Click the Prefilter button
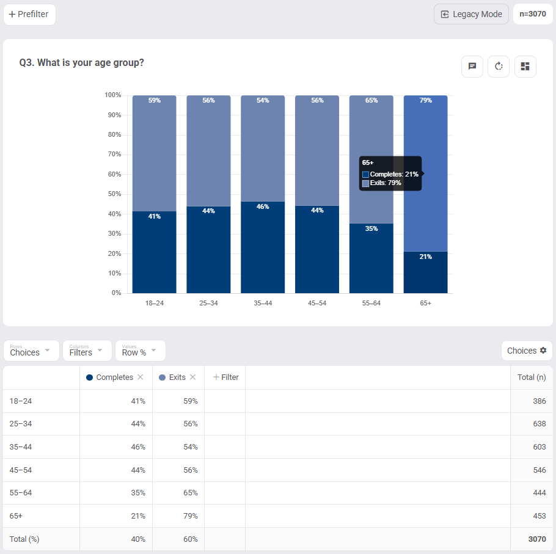pyautogui.click(x=29, y=15)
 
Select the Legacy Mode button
pyautogui.click(x=471, y=14)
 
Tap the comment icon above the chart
pyautogui.click(x=472, y=67)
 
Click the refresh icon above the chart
pyautogui.click(x=499, y=67)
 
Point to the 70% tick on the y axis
pyautogui.click(x=114, y=155)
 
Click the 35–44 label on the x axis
pyautogui.click(x=263, y=303)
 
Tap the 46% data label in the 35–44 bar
pyautogui.click(x=263, y=206)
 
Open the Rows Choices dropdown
pyautogui.click(x=31, y=351)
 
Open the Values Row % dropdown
pyautogui.click(x=140, y=351)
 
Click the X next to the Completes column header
pyautogui.click(x=141, y=377)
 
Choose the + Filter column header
pyautogui.click(x=225, y=377)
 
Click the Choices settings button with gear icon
pyautogui.click(x=527, y=351)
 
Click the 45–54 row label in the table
pyautogui.click(x=22, y=470)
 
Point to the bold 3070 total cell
pyautogui.click(x=536, y=539)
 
